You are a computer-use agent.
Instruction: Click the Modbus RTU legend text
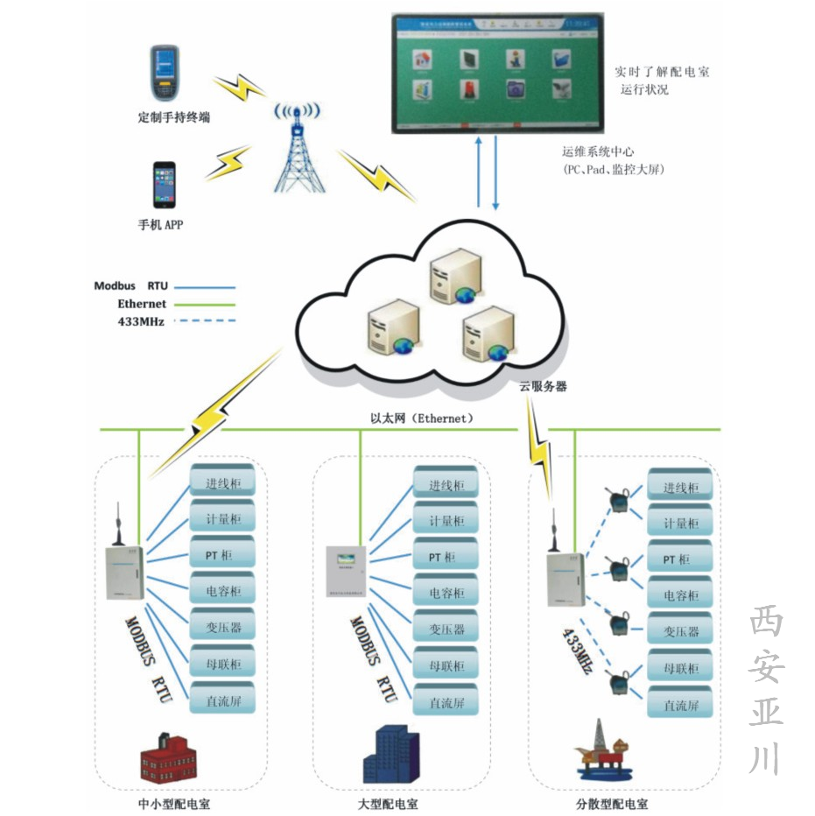click(x=131, y=286)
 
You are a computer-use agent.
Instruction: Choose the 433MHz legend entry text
click(x=140, y=321)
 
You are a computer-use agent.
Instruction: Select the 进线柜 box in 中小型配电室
click(x=222, y=484)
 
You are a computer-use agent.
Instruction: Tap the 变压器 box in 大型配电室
click(x=446, y=630)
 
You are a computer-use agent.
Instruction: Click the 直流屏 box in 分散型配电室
click(x=680, y=705)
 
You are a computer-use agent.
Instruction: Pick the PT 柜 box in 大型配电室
click(x=446, y=557)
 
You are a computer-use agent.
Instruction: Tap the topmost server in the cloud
click(x=452, y=274)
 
